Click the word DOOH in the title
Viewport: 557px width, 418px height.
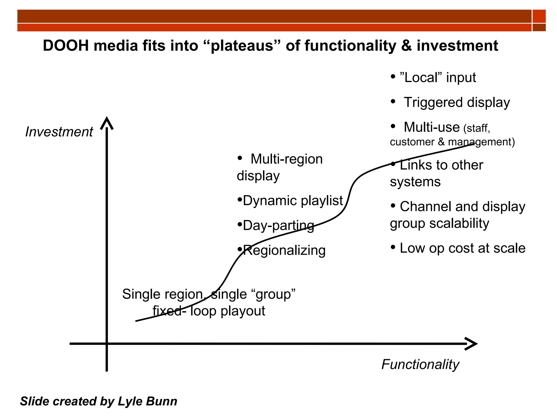[x=66, y=45]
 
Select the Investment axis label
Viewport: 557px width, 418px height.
[x=59, y=132]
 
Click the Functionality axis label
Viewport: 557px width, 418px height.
[x=420, y=364]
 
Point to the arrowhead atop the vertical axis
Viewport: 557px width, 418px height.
[x=107, y=123]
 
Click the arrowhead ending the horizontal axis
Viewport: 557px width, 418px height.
[x=471, y=344]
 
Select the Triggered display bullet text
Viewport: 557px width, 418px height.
[x=457, y=103]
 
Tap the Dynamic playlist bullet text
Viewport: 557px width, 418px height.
[x=293, y=201]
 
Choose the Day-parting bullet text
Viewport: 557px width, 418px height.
[x=278, y=226]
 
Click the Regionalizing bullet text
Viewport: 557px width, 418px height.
[x=284, y=251]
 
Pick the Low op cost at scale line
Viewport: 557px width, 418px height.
[x=462, y=248]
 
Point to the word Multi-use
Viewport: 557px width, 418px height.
[x=432, y=127]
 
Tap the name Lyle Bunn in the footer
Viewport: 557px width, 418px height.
[x=147, y=401]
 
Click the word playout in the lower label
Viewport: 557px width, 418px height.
[x=243, y=311]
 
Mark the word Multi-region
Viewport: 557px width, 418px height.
[x=287, y=159]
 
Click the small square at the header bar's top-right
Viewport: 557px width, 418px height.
[x=539, y=16]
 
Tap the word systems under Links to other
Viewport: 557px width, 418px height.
[x=415, y=182]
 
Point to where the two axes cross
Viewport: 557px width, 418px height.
[x=107, y=344]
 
